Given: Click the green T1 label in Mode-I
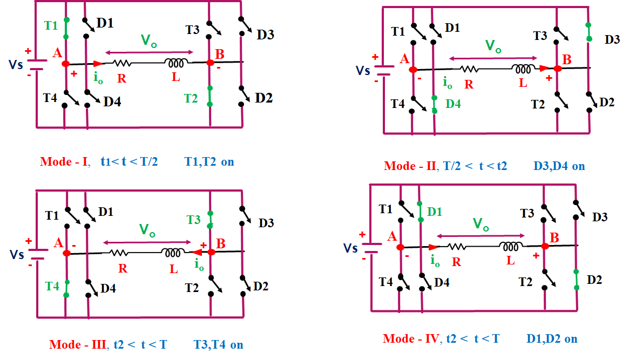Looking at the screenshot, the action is [x=51, y=26].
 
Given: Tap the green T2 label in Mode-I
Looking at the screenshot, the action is [x=191, y=99].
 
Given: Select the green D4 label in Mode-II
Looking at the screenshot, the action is [x=454, y=104].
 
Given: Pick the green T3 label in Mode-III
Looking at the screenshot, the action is [x=193, y=220].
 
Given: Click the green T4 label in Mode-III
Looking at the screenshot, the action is [x=52, y=286].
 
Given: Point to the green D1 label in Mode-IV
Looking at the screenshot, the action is [x=435, y=212].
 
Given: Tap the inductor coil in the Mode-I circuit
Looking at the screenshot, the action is [x=176, y=63].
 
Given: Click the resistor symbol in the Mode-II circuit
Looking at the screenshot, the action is [x=469, y=69].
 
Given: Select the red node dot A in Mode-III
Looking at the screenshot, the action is [x=66, y=253].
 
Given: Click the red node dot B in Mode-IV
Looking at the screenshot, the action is [x=545, y=246].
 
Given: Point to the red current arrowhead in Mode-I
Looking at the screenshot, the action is [x=98, y=63].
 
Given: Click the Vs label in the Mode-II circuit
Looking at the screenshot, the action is [x=363, y=71].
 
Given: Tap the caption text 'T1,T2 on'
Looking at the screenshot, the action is [x=209, y=161].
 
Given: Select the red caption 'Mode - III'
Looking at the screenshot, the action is [x=77, y=345].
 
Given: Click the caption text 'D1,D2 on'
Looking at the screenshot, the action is [x=552, y=339].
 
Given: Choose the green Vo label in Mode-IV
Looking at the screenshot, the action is [x=481, y=224].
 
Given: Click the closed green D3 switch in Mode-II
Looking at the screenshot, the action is [x=589, y=32].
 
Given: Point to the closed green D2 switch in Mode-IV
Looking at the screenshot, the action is [x=576, y=280].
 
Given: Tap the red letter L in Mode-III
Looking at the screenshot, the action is [x=173, y=269].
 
